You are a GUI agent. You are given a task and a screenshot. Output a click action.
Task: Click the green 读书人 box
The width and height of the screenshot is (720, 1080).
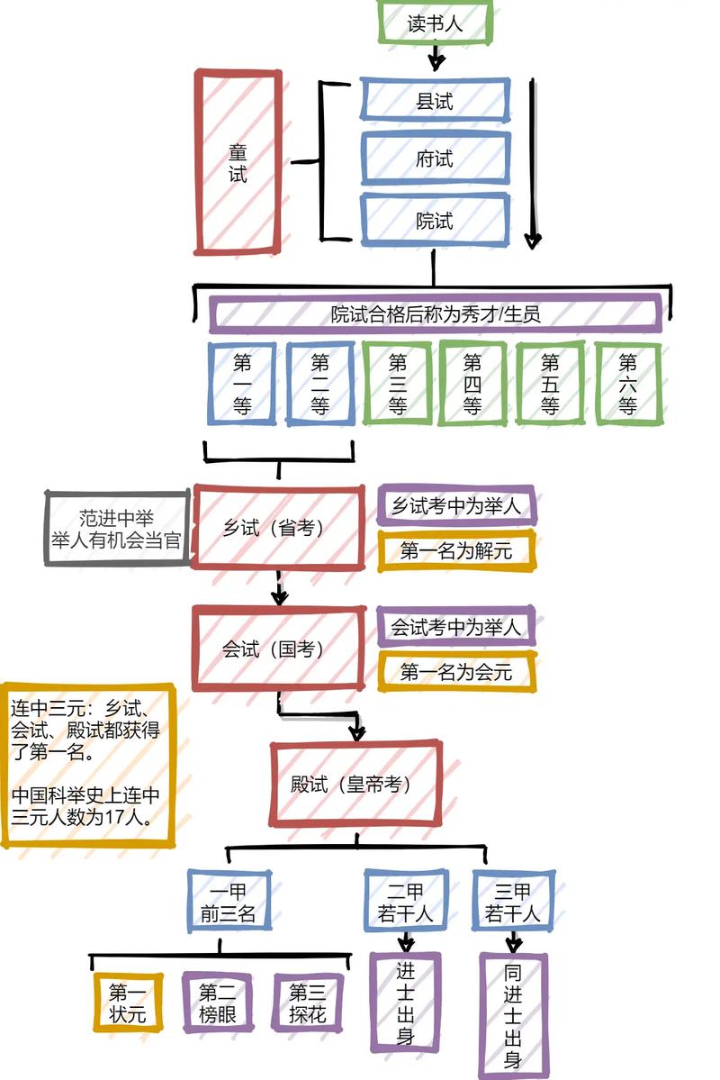[x=436, y=23]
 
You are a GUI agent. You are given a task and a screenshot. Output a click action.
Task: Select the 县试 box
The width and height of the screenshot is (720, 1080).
[x=435, y=100]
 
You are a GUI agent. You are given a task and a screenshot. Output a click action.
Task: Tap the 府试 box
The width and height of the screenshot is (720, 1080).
[x=435, y=159]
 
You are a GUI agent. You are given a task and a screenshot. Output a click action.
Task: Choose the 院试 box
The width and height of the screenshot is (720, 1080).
[x=435, y=220]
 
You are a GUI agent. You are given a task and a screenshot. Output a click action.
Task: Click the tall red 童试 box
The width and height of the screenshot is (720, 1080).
[x=237, y=162]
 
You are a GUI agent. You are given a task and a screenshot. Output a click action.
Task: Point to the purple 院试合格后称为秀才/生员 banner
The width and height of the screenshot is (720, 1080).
[x=436, y=314]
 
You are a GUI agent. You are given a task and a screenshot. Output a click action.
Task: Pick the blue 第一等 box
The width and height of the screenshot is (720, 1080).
[x=242, y=384]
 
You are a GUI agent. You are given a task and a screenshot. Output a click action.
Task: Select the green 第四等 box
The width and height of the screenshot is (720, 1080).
[x=472, y=384]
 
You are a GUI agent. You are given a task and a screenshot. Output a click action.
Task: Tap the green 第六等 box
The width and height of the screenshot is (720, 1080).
[x=628, y=384]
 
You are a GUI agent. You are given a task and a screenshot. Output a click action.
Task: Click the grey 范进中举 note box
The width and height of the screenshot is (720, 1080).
[x=117, y=529]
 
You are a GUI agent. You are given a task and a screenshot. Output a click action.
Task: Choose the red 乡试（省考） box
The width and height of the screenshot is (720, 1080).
[x=279, y=528]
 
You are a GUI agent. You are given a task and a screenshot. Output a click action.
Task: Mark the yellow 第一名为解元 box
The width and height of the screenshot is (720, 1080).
[x=456, y=550]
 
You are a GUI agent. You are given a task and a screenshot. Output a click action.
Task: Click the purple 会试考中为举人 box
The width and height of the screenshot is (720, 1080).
[x=456, y=626]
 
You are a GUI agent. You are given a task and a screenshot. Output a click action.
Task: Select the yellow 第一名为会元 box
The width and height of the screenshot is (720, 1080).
[x=456, y=671]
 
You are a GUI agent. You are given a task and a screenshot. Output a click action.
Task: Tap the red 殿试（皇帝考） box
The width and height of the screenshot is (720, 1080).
[x=355, y=784]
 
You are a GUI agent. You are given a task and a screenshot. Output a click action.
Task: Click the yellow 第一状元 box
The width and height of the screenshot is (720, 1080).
[x=128, y=1003]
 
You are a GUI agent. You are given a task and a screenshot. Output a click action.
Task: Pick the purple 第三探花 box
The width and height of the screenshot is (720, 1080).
[x=308, y=1003]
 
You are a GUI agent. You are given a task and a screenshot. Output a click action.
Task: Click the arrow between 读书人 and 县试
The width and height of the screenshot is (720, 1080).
[x=436, y=59]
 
